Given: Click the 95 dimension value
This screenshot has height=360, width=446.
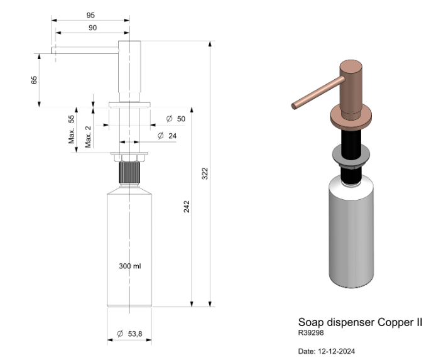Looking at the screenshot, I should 92,16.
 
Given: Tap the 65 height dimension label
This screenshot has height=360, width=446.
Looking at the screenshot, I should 34,80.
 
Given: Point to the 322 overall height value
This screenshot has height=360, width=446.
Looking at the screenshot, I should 204,174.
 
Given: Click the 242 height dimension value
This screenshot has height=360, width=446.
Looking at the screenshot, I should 187,207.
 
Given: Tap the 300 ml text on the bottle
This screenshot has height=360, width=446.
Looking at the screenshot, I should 130,266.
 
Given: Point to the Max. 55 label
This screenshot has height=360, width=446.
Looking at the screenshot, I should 72,129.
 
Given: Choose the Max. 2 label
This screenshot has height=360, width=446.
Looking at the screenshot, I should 89,136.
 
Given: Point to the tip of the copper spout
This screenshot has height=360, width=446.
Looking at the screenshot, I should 293,106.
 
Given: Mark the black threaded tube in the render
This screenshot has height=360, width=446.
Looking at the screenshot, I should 351,143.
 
